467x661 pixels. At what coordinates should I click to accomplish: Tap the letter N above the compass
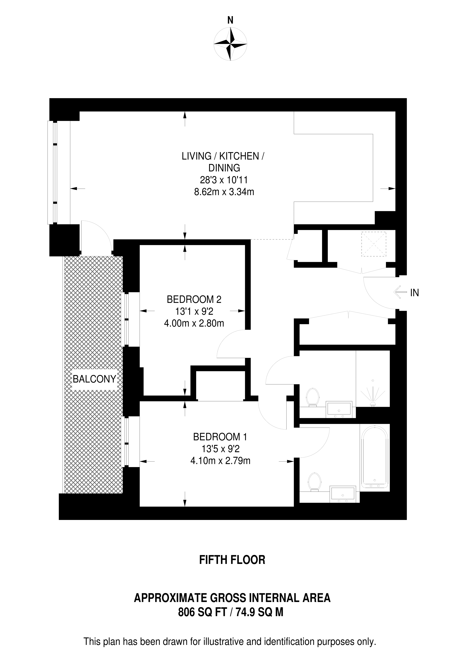click(x=230, y=20)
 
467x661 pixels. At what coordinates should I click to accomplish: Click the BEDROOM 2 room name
click(x=194, y=299)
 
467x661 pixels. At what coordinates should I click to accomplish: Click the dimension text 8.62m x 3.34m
click(x=224, y=192)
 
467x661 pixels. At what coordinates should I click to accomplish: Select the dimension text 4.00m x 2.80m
click(x=194, y=323)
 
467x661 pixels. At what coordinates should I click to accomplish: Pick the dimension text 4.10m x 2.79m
click(x=220, y=461)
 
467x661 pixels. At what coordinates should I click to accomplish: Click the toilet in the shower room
click(x=313, y=397)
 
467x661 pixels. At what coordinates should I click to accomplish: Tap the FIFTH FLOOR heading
click(x=232, y=560)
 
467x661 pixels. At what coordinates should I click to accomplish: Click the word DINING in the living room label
click(x=224, y=168)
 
